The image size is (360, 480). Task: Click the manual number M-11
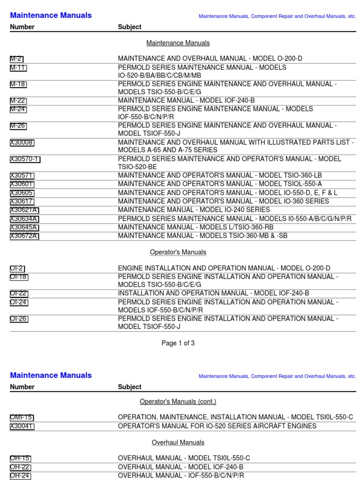pos(18,67)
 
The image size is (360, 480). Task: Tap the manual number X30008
pos(22,142)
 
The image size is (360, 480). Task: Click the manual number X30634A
pos(24,219)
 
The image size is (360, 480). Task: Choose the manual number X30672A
pos(24,236)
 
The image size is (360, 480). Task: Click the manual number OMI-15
pos(22,417)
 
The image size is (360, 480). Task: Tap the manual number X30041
pos(22,426)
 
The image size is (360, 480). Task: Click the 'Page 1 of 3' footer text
pos(178,343)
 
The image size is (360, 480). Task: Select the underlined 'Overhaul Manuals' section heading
pos(178,442)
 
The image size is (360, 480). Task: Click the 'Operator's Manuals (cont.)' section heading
pos(178,402)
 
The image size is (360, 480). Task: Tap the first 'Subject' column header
pos(129,27)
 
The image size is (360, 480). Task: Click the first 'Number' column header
pos(22,27)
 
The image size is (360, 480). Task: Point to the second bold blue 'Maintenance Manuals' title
pos(51,375)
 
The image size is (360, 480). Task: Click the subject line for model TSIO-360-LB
pos(220,176)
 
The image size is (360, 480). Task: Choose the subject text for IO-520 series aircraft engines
pos(217,426)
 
